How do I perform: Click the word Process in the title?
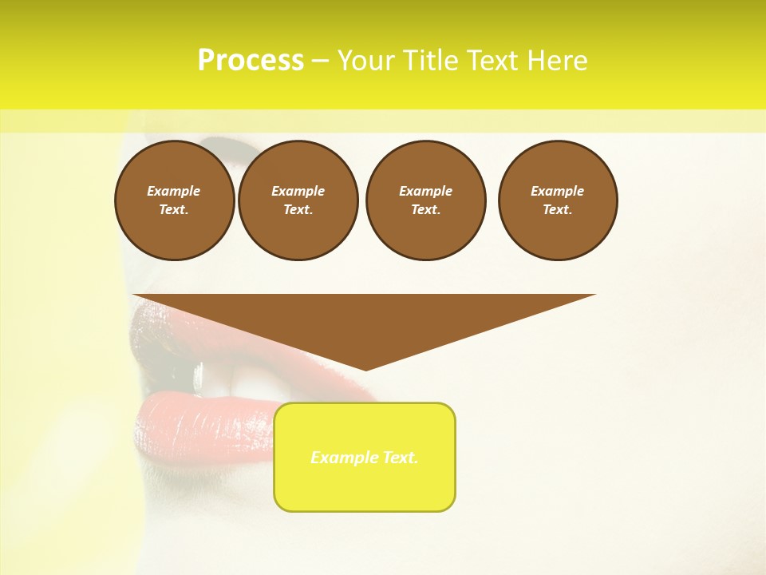(251, 61)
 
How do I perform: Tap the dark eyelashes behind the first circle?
(223, 145)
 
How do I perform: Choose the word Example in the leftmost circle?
(174, 191)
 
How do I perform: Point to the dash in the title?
(320, 61)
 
